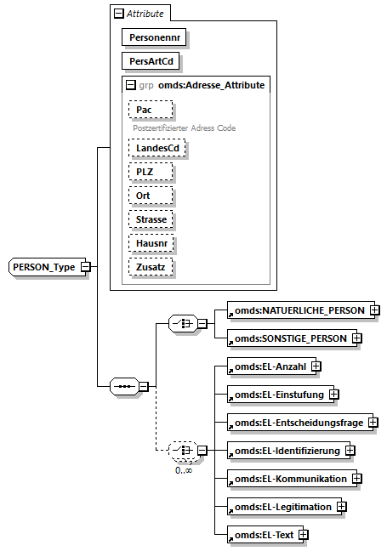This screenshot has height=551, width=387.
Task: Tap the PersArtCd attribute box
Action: [x=153, y=62]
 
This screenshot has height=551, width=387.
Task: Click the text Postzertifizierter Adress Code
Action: [x=183, y=128]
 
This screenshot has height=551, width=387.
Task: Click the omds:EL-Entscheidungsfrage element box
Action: [x=299, y=422]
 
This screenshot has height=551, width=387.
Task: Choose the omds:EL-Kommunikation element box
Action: [x=290, y=479]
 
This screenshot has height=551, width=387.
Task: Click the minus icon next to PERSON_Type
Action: [x=86, y=267]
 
